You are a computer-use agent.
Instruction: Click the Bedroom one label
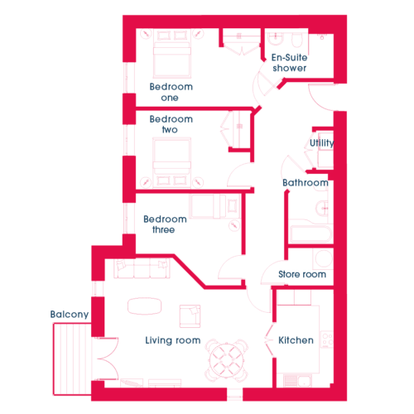[171, 92]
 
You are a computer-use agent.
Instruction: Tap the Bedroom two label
[171, 124]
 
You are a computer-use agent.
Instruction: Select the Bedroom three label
[165, 224]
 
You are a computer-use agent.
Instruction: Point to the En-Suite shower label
[289, 63]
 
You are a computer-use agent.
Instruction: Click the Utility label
[321, 143]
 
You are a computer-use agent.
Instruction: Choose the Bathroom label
[306, 182]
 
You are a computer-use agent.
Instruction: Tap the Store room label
[302, 274]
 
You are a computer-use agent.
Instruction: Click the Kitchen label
[296, 340]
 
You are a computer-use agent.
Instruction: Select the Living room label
[173, 340]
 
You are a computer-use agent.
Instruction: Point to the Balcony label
[70, 315]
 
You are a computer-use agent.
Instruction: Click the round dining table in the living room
[227, 360]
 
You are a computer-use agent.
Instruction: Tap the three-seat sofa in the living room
[142, 268]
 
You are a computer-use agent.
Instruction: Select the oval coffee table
[144, 306]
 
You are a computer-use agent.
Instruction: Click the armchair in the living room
[190, 316]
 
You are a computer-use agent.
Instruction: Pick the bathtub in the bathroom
[310, 234]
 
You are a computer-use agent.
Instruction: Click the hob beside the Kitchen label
[327, 339]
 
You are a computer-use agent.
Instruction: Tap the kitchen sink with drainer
[297, 381]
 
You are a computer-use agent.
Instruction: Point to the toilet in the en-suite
[297, 40]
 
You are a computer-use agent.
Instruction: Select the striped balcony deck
[72, 359]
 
